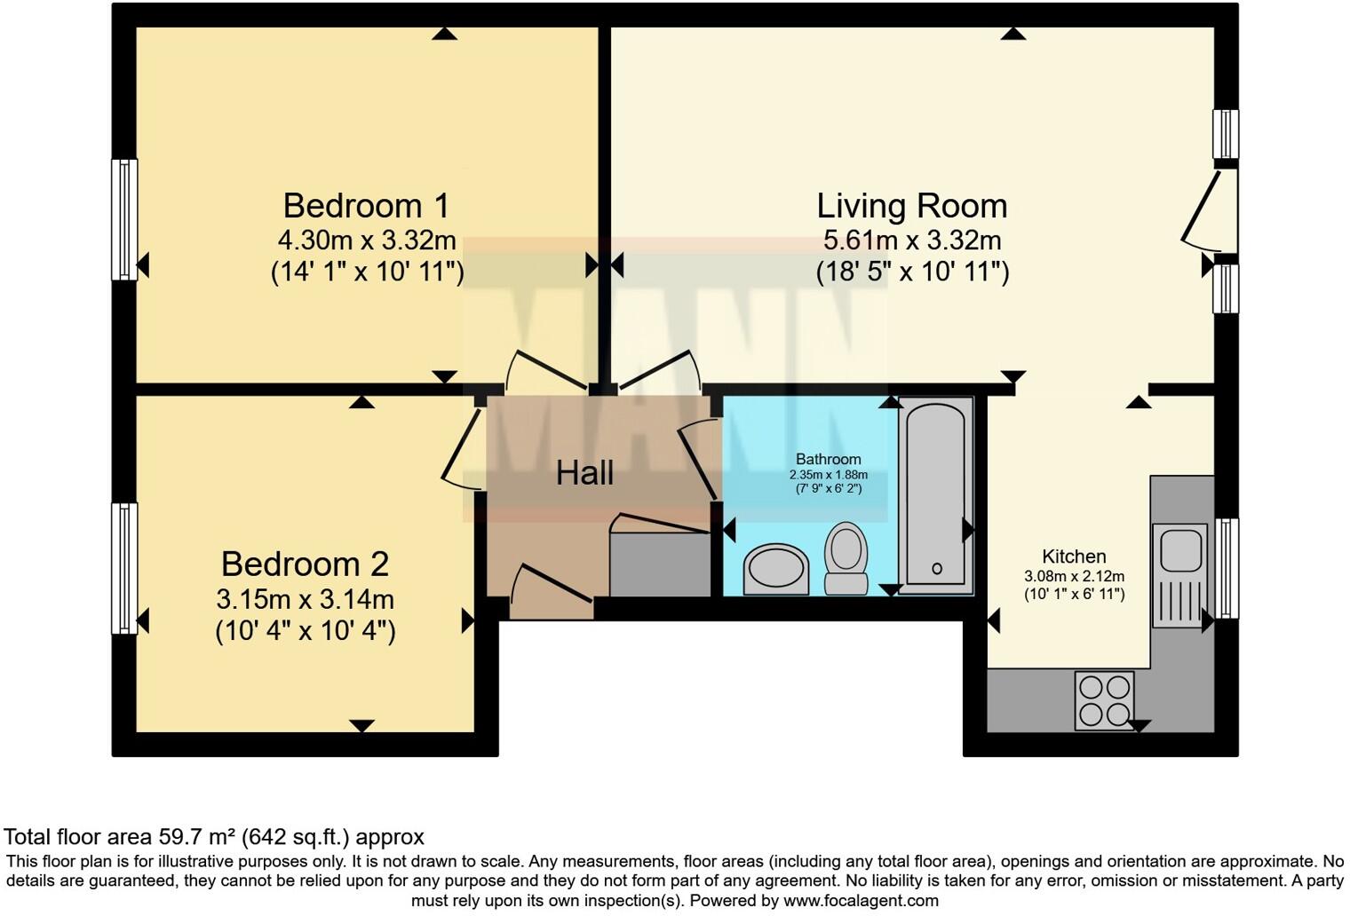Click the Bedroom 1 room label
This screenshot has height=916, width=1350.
[x=367, y=206]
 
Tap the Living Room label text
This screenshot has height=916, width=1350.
[x=912, y=206]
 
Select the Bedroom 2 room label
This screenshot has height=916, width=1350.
[x=305, y=565]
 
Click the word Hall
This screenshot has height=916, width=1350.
[x=584, y=473]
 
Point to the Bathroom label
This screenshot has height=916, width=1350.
[x=828, y=459]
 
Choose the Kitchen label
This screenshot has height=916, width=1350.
[x=1074, y=556]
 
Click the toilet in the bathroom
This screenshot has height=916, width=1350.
[x=846, y=558]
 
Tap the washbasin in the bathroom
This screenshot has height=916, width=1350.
[x=775, y=569]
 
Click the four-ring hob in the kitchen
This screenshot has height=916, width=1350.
[x=1105, y=700]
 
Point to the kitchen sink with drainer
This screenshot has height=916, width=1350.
[x=1180, y=575]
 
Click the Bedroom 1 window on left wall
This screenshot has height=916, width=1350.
[x=124, y=219]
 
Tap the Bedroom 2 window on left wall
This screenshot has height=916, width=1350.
[x=124, y=569]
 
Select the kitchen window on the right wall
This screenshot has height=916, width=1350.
[x=1227, y=569]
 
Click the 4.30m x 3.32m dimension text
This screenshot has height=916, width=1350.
[x=367, y=241]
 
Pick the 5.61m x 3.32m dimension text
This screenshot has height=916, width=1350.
[x=912, y=241]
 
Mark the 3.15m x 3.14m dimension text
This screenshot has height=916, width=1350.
[x=305, y=599]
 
